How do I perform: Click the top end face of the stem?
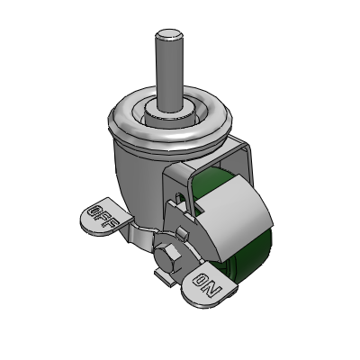click(x=168, y=34)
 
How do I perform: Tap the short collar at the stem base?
click(x=170, y=115)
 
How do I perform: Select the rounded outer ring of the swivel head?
click(x=170, y=126)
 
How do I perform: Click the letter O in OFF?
click(x=94, y=211)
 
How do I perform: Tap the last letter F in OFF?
click(x=112, y=224)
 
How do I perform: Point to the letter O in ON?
click(x=202, y=280)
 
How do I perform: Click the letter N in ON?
click(x=213, y=290)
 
